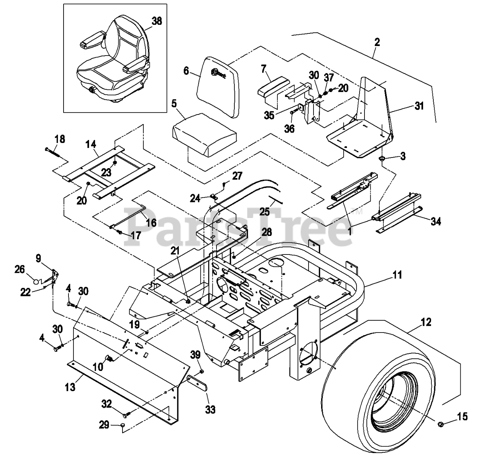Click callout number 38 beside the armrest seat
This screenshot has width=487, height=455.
coord(157,21)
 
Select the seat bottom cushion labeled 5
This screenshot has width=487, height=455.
coord(205,135)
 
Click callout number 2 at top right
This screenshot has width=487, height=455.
coord(377,42)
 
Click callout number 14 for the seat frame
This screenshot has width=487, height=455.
coord(91,144)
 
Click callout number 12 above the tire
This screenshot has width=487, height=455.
coord(426,322)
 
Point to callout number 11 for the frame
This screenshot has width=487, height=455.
coord(398,275)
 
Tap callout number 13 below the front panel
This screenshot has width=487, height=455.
coord(70,388)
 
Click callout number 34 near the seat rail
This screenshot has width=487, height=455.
coord(436,221)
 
